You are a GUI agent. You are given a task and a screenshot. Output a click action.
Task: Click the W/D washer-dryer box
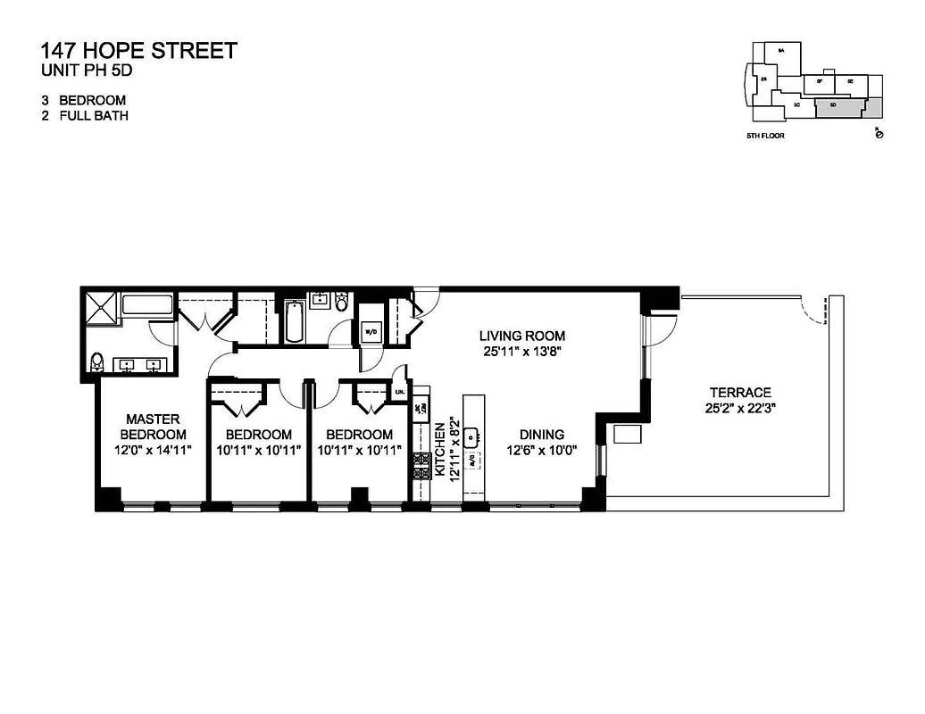point(371,332)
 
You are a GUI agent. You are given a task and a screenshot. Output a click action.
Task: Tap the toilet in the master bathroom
point(98,362)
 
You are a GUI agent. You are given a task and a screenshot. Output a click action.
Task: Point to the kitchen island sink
point(473,436)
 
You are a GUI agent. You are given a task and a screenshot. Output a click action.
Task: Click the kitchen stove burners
point(420,464)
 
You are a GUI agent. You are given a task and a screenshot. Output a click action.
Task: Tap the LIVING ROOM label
point(522,336)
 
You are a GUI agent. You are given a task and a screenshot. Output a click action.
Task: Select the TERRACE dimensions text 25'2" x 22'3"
point(740,409)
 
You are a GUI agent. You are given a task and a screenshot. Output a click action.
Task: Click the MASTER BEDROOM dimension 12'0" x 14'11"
point(153,450)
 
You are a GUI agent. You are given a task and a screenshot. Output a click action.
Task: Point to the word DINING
point(537,435)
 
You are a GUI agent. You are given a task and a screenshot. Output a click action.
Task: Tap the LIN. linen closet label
point(400,392)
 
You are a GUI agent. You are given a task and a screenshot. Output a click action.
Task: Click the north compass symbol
point(879,133)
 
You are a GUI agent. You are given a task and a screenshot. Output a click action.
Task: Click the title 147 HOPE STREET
point(139,50)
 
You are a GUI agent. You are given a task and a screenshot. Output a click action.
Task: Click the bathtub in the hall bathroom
point(294,322)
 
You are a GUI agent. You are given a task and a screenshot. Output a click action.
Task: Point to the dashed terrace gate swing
point(812,310)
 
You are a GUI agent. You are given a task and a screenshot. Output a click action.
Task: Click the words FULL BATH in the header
point(94,116)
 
